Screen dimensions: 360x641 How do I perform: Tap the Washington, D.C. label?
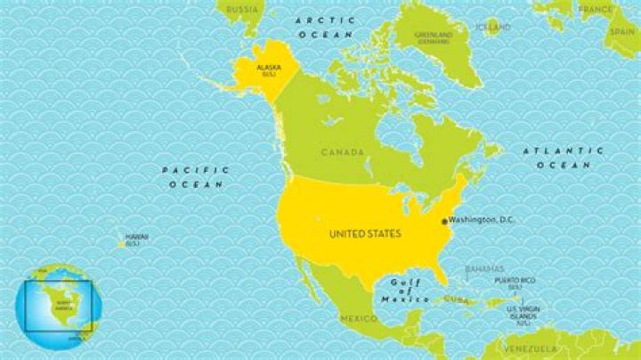coord(482,219)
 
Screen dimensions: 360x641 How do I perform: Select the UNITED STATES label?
coord(365,233)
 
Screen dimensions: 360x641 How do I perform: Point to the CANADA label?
coord(343,152)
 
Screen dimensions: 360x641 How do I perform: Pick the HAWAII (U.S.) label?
coord(137,239)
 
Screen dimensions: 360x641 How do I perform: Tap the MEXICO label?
coord(359,318)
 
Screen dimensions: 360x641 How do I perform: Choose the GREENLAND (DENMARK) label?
coord(434,37)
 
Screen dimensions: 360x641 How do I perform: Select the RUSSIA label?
coord(242,9)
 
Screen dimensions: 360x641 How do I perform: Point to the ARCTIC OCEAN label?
coord(326,26)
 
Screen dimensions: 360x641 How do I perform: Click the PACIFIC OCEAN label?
coord(196,176)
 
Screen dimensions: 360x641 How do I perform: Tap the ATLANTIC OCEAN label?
coord(564,158)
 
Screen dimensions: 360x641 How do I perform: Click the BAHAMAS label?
coord(484,268)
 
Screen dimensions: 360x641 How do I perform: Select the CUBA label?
coord(456,299)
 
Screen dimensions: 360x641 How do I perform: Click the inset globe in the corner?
coord(58,306)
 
